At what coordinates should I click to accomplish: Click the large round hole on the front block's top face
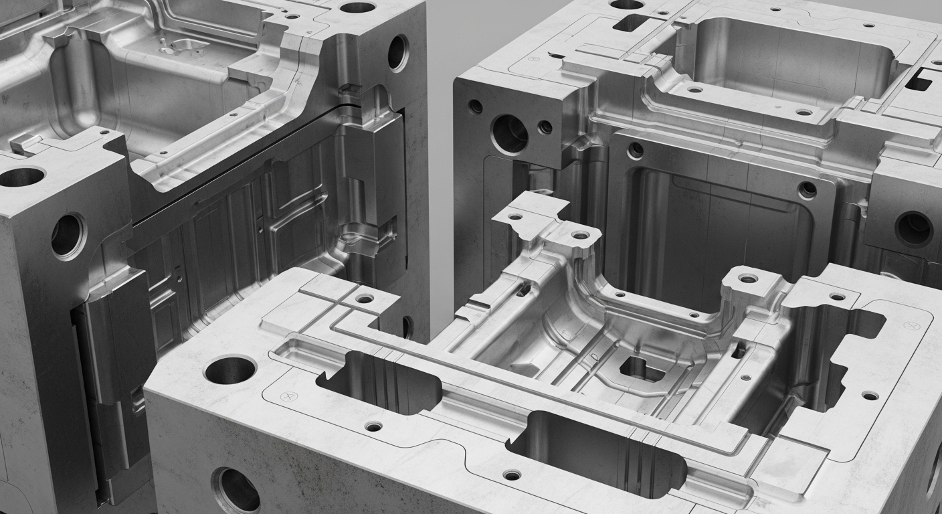229,369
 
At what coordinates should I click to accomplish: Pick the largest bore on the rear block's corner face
509,134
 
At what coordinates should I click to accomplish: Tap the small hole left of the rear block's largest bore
475,106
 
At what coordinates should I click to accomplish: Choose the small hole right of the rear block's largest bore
545,126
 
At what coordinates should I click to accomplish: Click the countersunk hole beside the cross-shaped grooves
365,298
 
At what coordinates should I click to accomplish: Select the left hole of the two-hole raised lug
515,217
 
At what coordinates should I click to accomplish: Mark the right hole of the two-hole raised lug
580,235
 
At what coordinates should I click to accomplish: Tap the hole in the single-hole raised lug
747,278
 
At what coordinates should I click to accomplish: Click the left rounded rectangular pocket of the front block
379,382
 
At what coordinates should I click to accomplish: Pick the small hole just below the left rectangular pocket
373,426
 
